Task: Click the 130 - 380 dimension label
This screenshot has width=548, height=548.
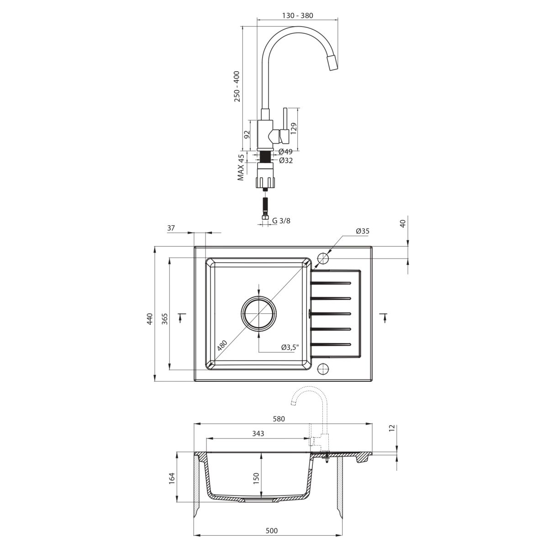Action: [x=297, y=16]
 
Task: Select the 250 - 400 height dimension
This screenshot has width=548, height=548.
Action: [x=237, y=86]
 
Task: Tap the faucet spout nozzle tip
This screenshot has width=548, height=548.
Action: [x=332, y=63]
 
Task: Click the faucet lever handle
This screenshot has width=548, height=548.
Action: [x=285, y=125]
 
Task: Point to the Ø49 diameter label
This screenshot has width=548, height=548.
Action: [x=285, y=152]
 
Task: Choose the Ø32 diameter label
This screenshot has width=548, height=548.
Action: [x=286, y=161]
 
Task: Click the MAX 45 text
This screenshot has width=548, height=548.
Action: [x=241, y=167]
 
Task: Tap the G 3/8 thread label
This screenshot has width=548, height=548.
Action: [x=281, y=221]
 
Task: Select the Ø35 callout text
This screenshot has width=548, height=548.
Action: [x=363, y=231]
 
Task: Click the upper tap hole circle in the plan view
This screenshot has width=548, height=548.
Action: [x=323, y=258]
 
